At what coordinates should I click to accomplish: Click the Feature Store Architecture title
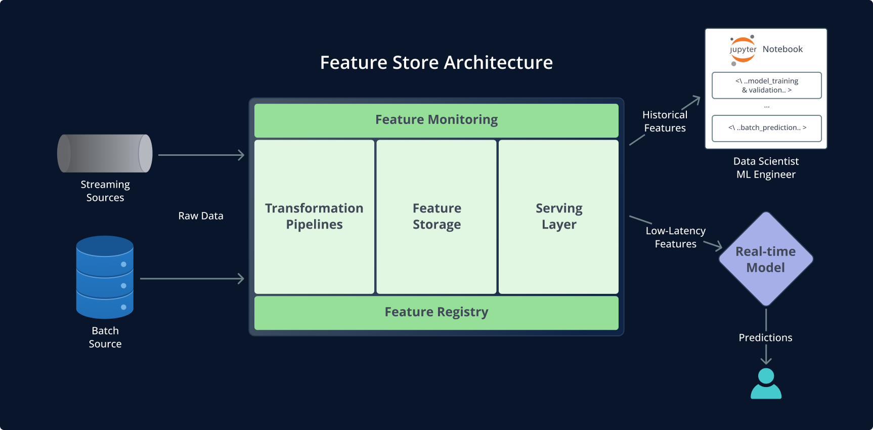click(436, 63)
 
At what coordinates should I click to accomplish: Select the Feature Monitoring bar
click(436, 120)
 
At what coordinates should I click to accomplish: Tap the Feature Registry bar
click(436, 313)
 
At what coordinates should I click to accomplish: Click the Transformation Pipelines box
click(314, 217)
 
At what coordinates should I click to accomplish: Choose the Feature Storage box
click(436, 217)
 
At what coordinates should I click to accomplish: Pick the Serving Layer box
click(558, 217)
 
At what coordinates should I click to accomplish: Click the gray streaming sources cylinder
click(105, 153)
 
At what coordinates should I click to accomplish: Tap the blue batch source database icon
click(105, 277)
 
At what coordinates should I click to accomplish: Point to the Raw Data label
click(201, 216)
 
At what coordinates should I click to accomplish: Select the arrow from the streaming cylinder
click(201, 155)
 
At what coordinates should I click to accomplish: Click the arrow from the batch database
click(192, 279)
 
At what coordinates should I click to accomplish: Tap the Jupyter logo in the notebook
click(743, 50)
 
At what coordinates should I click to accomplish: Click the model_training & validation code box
click(766, 85)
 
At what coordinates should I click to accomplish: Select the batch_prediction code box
click(766, 128)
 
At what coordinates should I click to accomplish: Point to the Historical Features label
click(665, 121)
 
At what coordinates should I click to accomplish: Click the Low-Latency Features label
click(675, 237)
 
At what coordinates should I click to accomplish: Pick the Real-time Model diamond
click(766, 259)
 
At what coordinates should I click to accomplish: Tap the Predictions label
click(765, 337)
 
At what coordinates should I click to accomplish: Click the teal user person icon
click(766, 384)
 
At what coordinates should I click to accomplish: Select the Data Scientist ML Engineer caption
click(766, 168)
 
